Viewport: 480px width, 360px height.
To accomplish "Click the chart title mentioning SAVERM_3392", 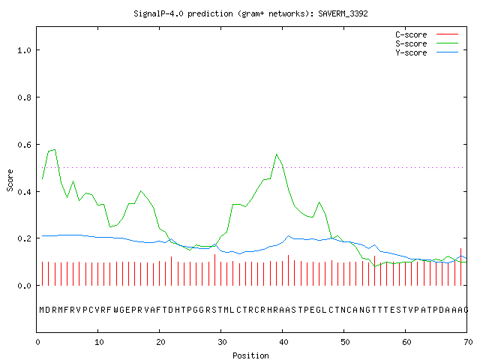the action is pos(250,13).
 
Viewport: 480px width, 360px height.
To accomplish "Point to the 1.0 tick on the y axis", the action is pos(25,50).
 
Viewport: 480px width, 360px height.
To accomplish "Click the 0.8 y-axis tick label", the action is pos(25,97).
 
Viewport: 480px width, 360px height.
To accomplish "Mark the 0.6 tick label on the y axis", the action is pos(25,145).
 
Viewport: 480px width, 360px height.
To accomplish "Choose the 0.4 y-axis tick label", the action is pos(25,192).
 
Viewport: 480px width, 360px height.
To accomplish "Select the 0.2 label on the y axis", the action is pos(25,238).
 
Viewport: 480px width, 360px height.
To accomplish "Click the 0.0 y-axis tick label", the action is pos(25,286).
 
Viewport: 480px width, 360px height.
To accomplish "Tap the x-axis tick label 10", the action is pos(99,342).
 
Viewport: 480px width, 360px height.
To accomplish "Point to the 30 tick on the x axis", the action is pos(222,342).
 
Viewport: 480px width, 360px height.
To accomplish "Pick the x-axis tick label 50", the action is pos(345,342).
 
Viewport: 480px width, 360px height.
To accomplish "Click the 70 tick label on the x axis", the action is pos(468,342).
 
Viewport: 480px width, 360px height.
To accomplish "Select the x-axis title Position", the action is pos(250,355).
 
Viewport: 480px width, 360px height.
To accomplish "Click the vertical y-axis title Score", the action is pos(10,180).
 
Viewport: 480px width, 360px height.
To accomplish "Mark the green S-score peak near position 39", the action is pos(277,154).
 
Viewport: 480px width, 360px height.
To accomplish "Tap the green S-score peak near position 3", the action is pos(55,150).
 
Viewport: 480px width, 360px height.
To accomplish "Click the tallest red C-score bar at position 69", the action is pos(460,267).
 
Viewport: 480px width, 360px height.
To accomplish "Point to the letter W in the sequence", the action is pos(116,310).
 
